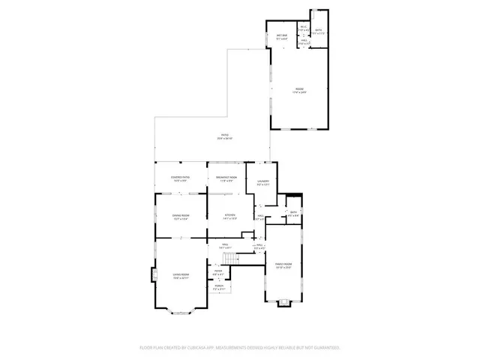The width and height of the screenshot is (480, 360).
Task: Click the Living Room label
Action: [x=181, y=276]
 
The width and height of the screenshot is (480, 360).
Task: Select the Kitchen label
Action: [x=231, y=216]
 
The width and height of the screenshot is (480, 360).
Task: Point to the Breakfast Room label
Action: [x=226, y=178]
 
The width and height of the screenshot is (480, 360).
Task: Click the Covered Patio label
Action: [x=181, y=178]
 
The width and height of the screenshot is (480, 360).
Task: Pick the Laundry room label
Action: [x=262, y=181]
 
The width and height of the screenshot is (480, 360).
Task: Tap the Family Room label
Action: [x=283, y=265]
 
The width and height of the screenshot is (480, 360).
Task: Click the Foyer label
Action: [x=218, y=273]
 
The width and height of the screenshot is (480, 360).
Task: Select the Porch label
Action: [x=219, y=286]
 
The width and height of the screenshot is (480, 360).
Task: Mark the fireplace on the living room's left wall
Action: [x=154, y=275]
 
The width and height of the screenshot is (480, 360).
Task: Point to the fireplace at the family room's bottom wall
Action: [x=283, y=303]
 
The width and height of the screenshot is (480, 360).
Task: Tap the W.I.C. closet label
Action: [x=304, y=28]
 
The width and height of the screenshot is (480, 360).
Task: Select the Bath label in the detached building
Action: [x=318, y=31]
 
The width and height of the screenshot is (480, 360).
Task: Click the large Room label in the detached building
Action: [x=299, y=91]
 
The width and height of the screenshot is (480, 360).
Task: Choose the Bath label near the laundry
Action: [x=293, y=213]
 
